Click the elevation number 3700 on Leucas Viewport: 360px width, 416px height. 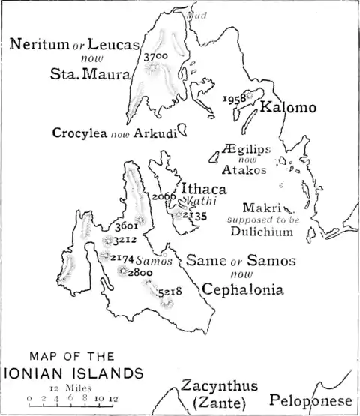pyautogui.click(x=166, y=56)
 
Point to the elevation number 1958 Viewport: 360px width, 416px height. pyautogui.click(x=235, y=98)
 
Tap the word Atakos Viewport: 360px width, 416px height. pyautogui.click(x=244, y=170)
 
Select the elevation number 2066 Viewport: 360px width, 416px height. pyautogui.click(x=163, y=196)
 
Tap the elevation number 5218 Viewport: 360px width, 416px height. pyautogui.click(x=170, y=291)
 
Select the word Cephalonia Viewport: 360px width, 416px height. pyautogui.click(x=239, y=289)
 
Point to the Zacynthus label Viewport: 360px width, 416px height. pyautogui.click(x=219, y=387)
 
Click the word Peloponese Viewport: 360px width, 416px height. pyautogui.click(x=314, y=400)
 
